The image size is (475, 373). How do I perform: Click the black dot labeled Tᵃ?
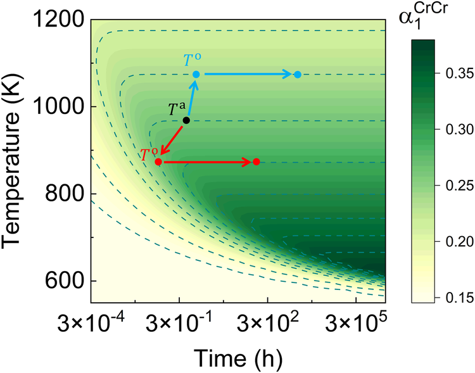pyautogui.click(x=186, y=120)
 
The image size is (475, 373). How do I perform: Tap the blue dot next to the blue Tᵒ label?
pyautogui.click(x=196, y=75)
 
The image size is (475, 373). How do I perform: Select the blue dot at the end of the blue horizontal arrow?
pyautogui.click(x=298, y=75)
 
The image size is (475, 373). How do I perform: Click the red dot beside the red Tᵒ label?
pyautogui.click(x=158, y=162)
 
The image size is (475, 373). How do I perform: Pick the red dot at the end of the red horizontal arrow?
pyautogui.click(x=256, y=161)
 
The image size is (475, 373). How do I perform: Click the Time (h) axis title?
pyautogui.click(x=238, y=357)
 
